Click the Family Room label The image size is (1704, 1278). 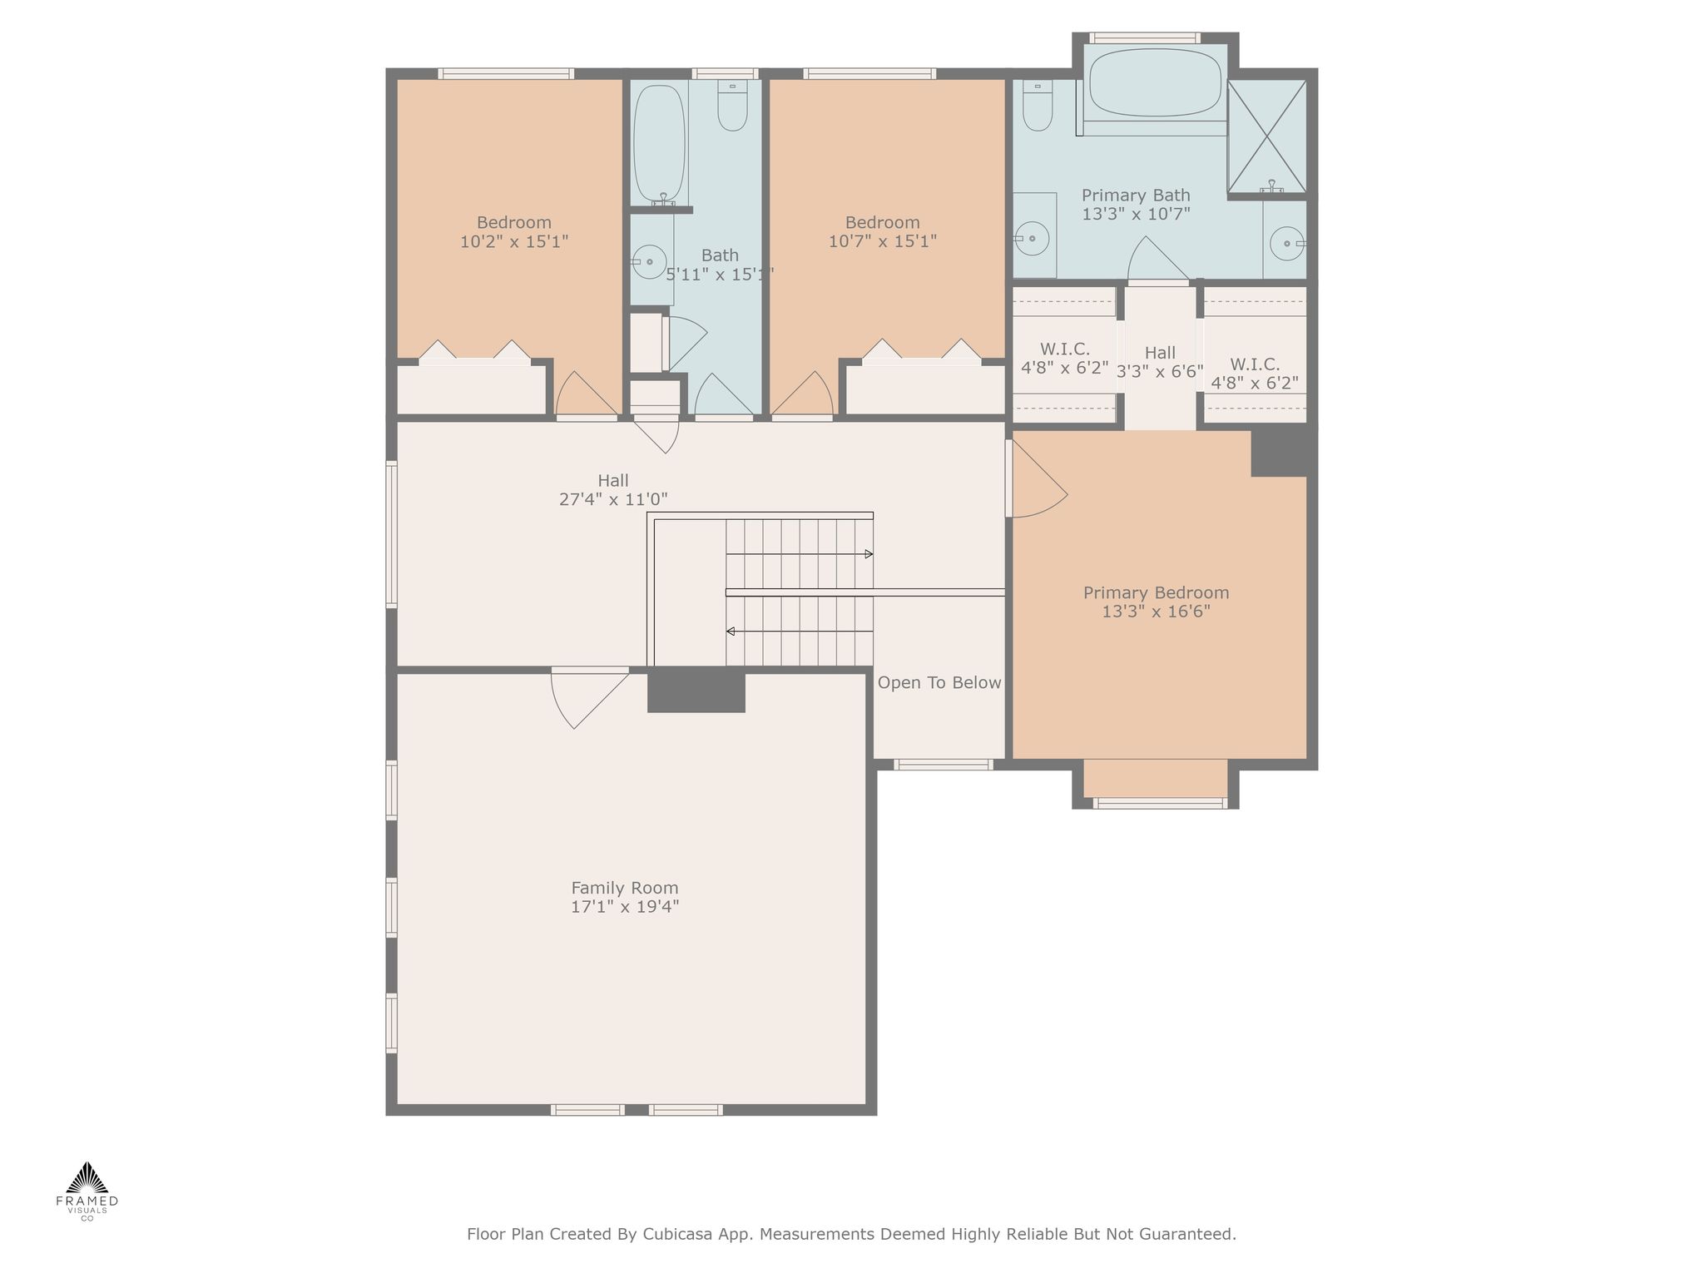(x=625, y=888)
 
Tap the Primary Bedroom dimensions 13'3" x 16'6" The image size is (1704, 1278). (x=1156, y=612)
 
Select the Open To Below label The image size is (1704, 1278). (x=939, y=683)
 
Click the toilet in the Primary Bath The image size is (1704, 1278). (x=1038, y=105)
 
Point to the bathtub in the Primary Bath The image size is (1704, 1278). (x=1155, y=82)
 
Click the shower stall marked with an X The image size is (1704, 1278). (x=1266, y=136)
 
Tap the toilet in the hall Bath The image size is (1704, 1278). (x=733, y=105)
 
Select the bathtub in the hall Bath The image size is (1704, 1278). (x=659, y=143)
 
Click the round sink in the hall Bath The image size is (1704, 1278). (x=650, y=261)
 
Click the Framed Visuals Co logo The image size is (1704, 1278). (x=87, y=1191)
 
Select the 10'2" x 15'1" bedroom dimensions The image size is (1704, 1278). (x=514, y=241)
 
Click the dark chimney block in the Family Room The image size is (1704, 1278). (x=696, y=690)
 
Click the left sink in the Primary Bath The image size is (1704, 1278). (x=1032, y=238)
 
